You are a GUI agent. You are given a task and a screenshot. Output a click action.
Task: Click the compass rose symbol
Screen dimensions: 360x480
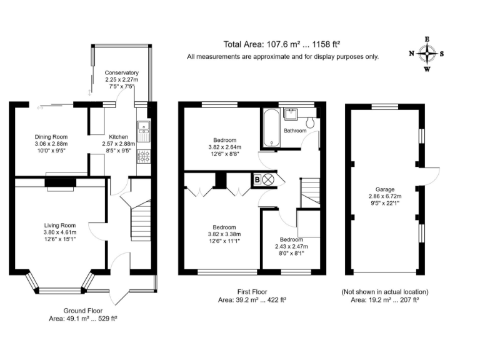point(427,54)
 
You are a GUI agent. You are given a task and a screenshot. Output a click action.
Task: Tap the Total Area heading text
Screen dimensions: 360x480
point(281,44)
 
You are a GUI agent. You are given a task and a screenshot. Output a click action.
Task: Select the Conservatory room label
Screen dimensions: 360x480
point(122,73)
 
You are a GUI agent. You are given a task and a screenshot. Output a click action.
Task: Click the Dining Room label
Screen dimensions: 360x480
point(51,137)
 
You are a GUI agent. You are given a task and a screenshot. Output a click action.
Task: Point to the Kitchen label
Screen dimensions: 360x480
point(119,137)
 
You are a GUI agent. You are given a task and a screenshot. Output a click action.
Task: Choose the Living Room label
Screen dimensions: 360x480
point(59,226)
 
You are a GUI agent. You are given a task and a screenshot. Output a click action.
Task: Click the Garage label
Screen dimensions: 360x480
point(385,189)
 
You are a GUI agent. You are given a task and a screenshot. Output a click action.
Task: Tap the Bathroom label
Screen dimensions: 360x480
point(295,131)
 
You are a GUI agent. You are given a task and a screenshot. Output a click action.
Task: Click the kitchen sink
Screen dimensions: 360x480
point(143,127)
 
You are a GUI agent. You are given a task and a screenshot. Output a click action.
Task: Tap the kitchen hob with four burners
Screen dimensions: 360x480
point(143,156)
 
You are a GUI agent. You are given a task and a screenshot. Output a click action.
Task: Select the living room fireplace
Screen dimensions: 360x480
point(60,182)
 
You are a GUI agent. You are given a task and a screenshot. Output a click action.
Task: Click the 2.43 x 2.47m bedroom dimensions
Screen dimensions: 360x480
point(291,247)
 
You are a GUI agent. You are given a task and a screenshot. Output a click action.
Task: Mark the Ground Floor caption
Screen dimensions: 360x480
point(83,310)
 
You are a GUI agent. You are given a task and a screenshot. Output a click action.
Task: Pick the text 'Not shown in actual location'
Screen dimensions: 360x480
point(384,292)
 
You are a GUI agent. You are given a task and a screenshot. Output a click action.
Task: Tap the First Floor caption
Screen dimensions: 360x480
point(252,292)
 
